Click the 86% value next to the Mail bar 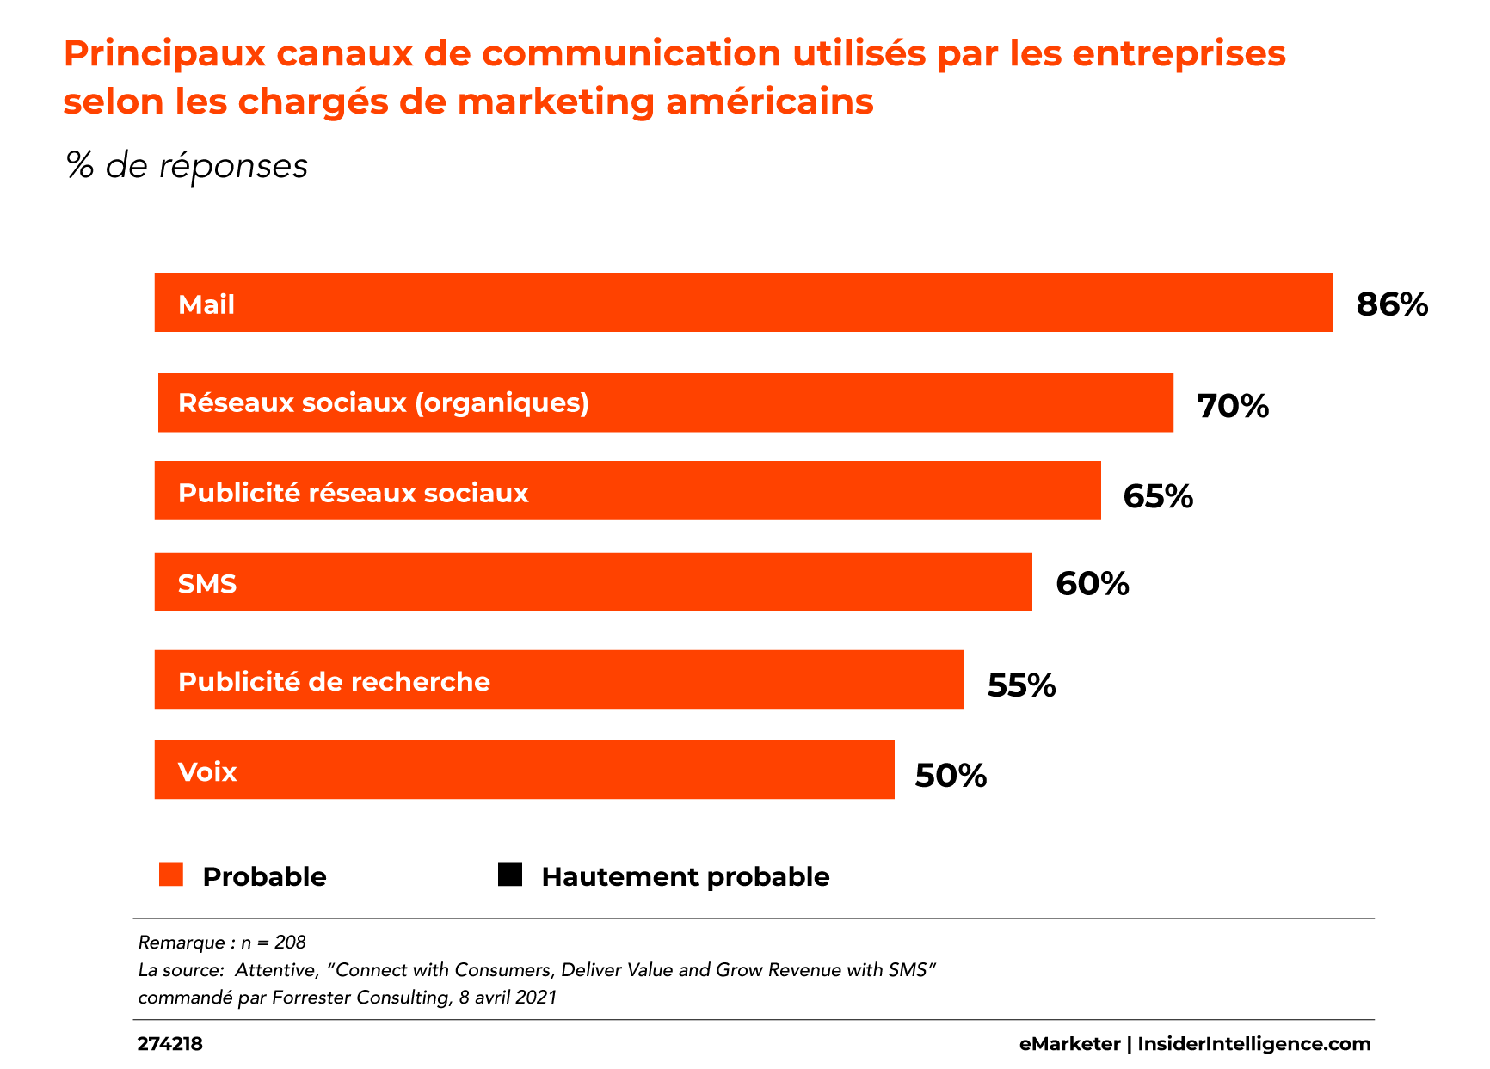point(1392,304)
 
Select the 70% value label point(1233,406)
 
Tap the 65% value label point(1158,496)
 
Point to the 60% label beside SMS point(1092,584)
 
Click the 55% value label point(1021,685)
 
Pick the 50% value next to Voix point(951,776)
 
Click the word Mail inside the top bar point(206,304)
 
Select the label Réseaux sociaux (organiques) point(384,402)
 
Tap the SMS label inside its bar point(207,584)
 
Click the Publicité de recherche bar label point(334,681)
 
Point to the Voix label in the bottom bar point(207,771)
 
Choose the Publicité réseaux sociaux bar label point(353,493)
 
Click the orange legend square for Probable point(171,875)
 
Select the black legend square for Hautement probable point(510,875)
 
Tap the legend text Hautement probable point(686,876)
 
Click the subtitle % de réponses point(187,165)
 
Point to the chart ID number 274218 point(170,1044)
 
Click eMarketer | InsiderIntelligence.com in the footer point(1195,1044)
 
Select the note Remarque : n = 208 point(222,943)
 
